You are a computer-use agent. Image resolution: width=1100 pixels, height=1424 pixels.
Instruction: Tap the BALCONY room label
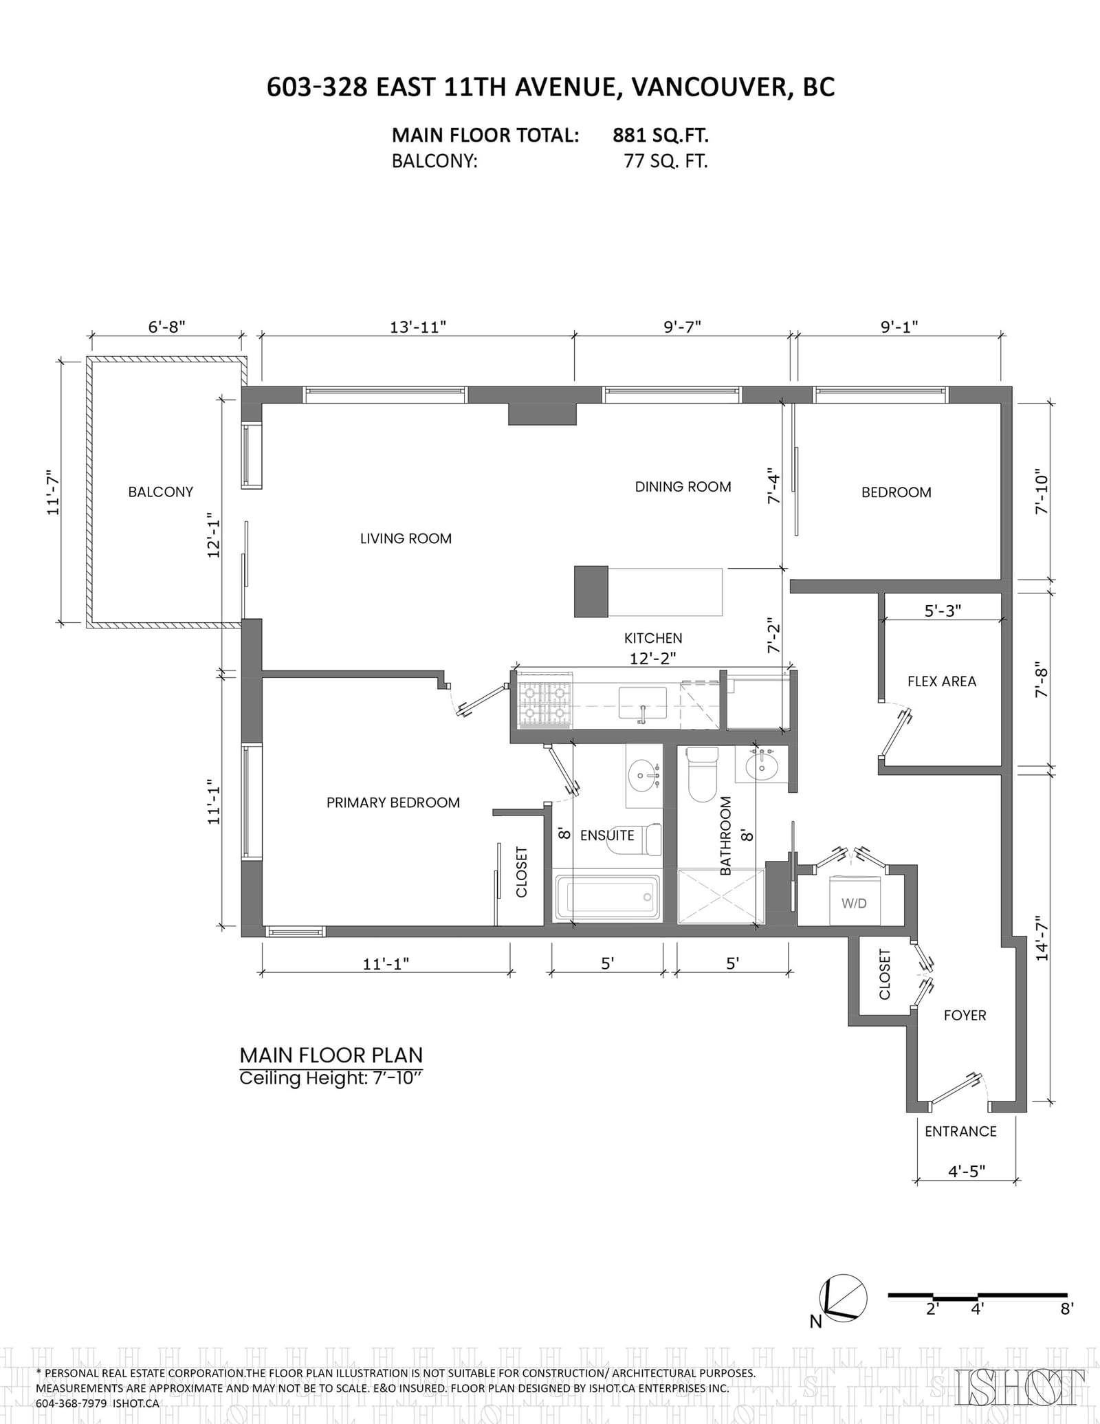tap(161, 492)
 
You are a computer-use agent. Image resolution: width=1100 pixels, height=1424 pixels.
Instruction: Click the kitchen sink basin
tap(643, 703)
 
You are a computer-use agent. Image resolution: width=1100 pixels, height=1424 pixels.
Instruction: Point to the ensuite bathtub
tap(607, 896)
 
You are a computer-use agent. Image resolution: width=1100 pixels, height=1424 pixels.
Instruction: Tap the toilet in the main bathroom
tap(703, 774)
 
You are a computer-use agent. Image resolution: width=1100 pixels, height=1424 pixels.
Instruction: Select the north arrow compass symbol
tap(845, 1299)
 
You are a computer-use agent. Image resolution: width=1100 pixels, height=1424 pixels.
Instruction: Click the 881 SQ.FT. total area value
tap(661, 135)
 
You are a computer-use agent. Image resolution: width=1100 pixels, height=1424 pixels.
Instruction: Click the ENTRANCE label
tap(960, 1131)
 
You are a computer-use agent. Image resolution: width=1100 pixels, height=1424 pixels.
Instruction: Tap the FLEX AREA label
tap(942, 681)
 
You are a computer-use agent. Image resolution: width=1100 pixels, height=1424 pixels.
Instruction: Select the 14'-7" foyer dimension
tap(1042, 937)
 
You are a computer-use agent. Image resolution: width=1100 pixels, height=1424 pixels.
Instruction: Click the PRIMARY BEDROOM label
tap(393, 802)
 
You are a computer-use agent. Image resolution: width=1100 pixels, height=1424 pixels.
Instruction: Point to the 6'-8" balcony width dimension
tap(167, 327)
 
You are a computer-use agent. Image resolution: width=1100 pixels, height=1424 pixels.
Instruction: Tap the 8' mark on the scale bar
tap(1066, 1308)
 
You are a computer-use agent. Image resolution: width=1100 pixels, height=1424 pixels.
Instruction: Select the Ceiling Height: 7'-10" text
tap(330, 1078)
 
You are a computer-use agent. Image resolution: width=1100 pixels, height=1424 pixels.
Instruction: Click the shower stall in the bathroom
tap(721, 897)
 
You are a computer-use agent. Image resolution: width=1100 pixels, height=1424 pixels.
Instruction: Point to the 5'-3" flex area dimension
tap(943, 610)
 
